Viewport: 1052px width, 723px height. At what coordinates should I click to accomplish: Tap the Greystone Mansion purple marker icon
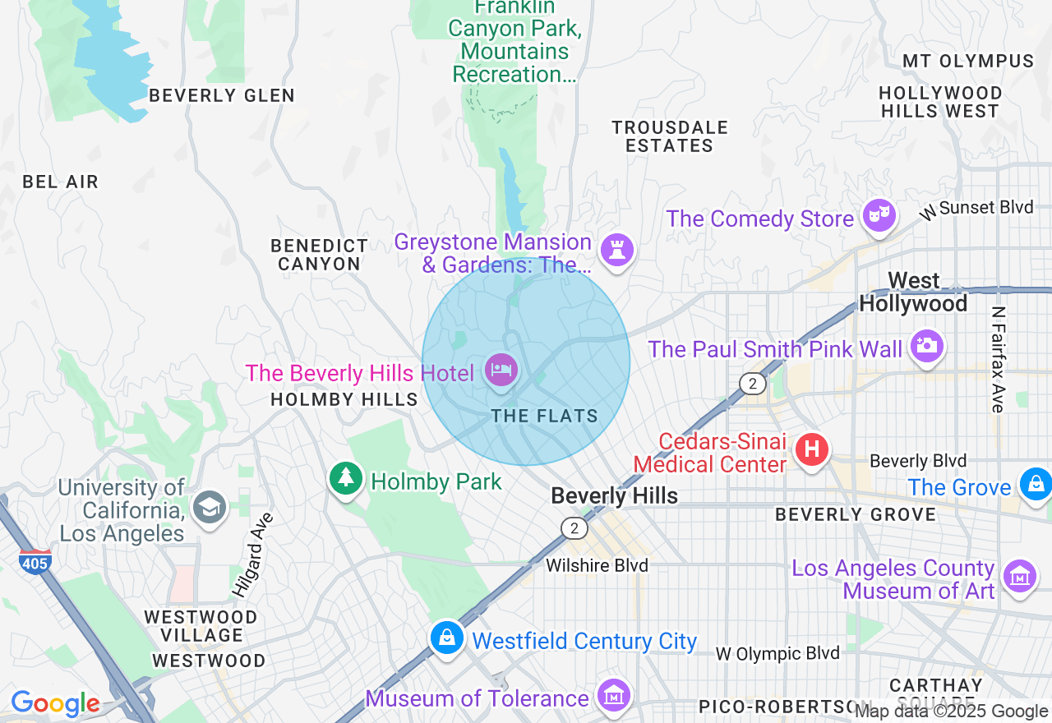(616, 248)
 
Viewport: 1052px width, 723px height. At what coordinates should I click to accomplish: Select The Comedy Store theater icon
(879, 215)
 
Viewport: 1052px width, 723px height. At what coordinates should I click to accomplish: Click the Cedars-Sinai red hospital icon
(812, 449)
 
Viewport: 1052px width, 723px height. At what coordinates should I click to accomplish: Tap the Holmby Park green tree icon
(346, 477)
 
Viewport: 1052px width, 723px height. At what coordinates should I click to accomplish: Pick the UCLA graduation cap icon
(209, 508)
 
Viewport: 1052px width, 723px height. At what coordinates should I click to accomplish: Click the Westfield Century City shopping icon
(447, 638)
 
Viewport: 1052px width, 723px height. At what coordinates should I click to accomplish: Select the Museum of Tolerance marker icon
(613, 696)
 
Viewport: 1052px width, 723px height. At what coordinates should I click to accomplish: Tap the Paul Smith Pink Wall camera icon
(926, 346)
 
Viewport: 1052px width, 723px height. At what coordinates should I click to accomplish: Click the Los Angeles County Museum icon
(1020, 576)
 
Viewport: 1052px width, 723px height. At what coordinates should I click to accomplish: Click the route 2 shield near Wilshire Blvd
(574, 527)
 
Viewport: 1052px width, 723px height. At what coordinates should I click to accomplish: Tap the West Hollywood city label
(913, 292)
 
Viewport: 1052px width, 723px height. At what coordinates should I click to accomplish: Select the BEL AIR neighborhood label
(61, 182)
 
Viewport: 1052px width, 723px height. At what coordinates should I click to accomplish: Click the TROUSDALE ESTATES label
(670, 136)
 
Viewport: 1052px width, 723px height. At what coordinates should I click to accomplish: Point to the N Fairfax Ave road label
(998, 360)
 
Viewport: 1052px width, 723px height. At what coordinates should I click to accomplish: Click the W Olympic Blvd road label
(777, 654)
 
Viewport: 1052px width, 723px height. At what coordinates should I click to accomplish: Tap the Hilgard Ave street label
(252, 555)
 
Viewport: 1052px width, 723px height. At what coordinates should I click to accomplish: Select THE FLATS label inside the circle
(545, 416)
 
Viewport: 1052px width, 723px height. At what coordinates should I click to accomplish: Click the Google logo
(55, 703)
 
